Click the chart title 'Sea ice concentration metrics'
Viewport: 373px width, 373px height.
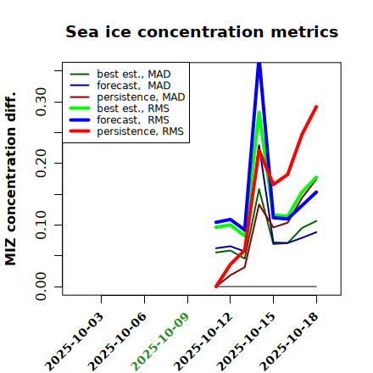[202, 31]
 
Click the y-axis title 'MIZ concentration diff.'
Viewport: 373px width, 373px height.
[10, 179]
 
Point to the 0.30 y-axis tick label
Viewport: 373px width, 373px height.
[42, 102]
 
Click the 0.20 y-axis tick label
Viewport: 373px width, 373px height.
[42, 163]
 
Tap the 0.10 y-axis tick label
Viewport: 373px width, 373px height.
[42, 225]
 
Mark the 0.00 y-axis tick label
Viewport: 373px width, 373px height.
[42, 287]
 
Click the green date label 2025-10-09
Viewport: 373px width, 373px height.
[160, 342]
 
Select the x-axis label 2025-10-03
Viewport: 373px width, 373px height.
[74, 342]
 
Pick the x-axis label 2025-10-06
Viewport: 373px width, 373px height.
[117, 342]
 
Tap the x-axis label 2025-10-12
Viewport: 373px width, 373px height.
[203, 342]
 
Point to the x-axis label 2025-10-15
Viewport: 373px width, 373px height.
[246, 342]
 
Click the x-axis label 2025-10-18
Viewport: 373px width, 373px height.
[289, 342]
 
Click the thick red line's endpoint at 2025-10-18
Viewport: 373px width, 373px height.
[316, 107]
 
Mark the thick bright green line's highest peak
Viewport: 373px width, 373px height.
[259, 112]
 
